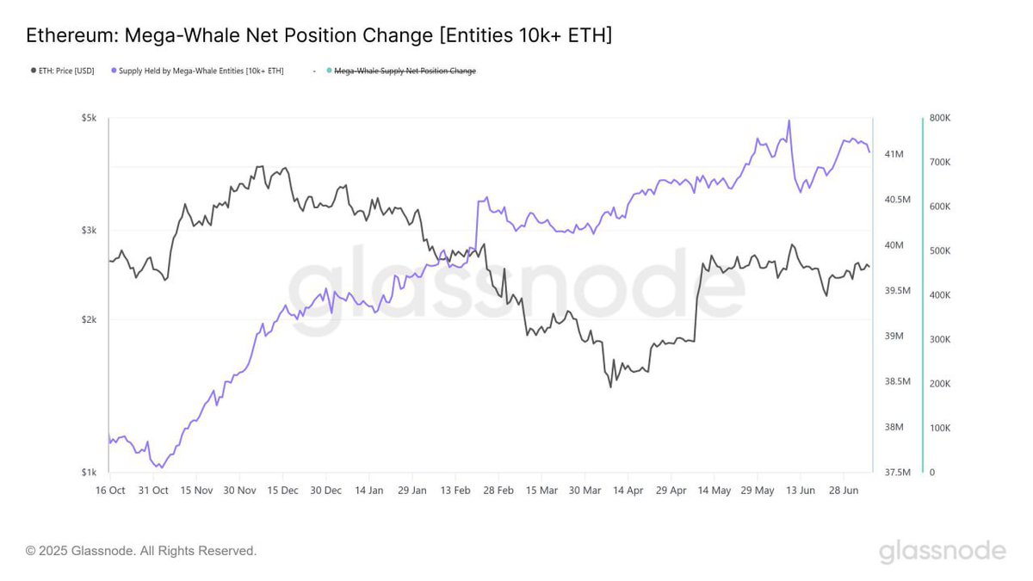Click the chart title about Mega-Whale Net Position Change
319,36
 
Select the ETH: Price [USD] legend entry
65,71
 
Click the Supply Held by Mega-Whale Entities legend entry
201,71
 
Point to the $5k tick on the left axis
90,117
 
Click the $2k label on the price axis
90,319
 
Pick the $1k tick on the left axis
90,473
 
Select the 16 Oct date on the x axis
109,491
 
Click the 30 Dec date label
326,491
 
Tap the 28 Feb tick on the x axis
498,491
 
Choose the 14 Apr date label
628,491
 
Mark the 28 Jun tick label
844,491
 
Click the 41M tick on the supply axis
894,154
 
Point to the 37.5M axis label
897,473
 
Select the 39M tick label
894,337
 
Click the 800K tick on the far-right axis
940,118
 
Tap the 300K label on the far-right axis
940,339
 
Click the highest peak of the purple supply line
789,121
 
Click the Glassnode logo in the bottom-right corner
942,551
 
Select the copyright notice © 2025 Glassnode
141,551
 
